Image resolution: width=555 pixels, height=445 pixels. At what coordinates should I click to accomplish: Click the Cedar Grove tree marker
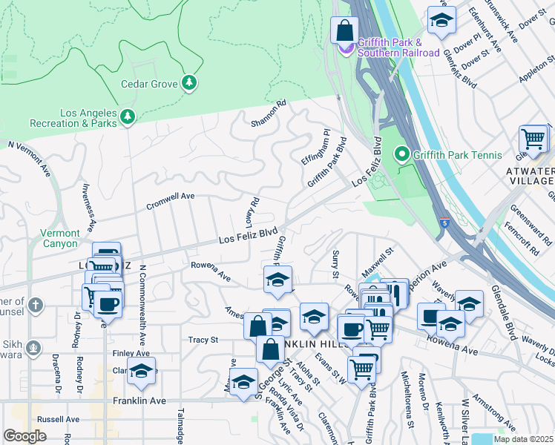(x=190, y=82)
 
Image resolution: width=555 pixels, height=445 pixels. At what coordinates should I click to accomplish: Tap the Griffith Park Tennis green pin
(x=402, y=154)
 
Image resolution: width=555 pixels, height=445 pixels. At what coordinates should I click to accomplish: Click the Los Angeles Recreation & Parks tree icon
(x=128, y=116)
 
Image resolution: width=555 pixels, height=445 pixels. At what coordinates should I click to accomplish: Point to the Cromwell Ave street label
(x=170, y=200)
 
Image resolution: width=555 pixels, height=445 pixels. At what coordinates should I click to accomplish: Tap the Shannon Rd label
(x=268, y=113)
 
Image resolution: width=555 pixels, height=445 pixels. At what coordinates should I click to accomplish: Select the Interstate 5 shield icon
(x=443, y=222)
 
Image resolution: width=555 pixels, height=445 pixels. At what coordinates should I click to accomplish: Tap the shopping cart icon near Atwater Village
(x=533, y=138)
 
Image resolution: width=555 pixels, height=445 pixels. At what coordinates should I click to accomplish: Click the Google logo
(x=24, y=436)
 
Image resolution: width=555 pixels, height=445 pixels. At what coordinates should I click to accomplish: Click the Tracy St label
(x=203, y=340)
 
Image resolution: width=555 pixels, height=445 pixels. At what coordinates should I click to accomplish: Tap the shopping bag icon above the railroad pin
(x=344, y=31)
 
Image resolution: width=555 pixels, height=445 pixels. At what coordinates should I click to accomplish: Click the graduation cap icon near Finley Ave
(x=141, y=371)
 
